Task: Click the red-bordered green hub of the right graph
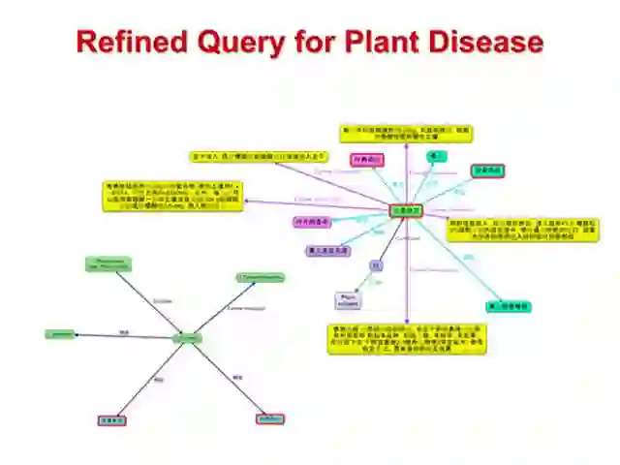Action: point(405,210)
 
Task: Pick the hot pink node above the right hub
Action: point(366,160)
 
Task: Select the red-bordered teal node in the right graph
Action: point(488,171)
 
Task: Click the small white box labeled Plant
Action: point(348,300)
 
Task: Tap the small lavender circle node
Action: point(376,265)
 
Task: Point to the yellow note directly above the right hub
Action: point(407,133)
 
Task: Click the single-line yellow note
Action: point(258,156)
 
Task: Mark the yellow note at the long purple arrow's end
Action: point(173,195)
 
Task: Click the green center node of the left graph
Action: point(186,338)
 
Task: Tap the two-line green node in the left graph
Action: point(108,264)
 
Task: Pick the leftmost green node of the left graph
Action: point(59,334)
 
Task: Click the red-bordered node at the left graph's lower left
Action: point(112,420)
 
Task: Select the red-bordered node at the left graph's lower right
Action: point(270,419)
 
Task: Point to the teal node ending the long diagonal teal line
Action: point(508,307)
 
